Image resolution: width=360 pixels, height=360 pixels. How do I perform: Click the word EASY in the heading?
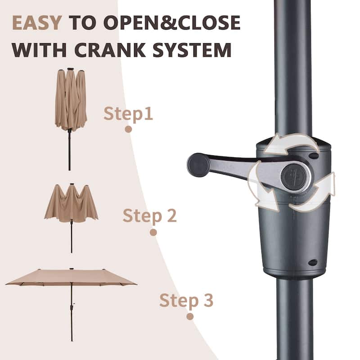(x=36, y=23)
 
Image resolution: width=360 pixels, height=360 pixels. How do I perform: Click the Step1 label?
(x=128, y=114)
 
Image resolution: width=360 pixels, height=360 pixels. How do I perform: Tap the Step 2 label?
(x=150, y=216)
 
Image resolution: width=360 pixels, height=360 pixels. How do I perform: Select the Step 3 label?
(x=186, y=300)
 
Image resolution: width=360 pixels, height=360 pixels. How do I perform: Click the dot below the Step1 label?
(x=128, y=129)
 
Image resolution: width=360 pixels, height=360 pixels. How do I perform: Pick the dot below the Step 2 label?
(x=153, y=232)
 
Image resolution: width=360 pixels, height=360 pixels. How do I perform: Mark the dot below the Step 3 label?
(x=190, y=316)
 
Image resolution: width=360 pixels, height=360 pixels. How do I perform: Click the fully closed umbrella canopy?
(x=71, y=99)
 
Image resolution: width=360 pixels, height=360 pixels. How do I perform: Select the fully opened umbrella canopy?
(x=71, y=277)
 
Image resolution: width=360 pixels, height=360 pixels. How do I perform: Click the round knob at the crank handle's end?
(x=198, y=165)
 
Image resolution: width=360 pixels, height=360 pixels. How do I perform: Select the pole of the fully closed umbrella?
(x=70, y=151)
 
